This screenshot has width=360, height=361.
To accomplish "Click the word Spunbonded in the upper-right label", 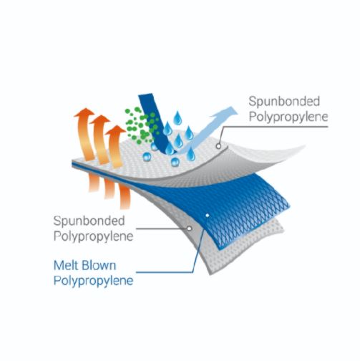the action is [284, 102].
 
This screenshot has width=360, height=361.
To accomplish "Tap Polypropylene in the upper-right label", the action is [288, 117].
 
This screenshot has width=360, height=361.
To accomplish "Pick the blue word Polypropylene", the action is [93, 281].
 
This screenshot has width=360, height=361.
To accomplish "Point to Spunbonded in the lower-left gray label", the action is [89, 221].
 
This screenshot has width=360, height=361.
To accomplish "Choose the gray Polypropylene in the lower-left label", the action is [93, 236].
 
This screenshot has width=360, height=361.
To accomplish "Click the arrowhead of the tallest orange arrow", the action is [84, 112].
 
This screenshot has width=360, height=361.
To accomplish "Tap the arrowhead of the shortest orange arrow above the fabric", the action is [115, 130].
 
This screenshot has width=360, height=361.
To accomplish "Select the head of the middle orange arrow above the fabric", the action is [100, 120].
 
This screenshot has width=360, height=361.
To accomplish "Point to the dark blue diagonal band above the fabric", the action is [155, 123].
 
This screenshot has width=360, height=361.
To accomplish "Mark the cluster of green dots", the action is [142, 126].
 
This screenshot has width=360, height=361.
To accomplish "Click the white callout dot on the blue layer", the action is [208, 216].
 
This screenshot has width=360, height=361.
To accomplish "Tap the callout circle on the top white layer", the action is [218, 146].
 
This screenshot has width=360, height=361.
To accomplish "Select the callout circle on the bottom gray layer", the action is [189, 228].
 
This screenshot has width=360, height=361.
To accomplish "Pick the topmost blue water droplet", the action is [177, 118].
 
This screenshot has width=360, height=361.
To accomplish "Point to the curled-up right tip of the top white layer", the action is [303, 146].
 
